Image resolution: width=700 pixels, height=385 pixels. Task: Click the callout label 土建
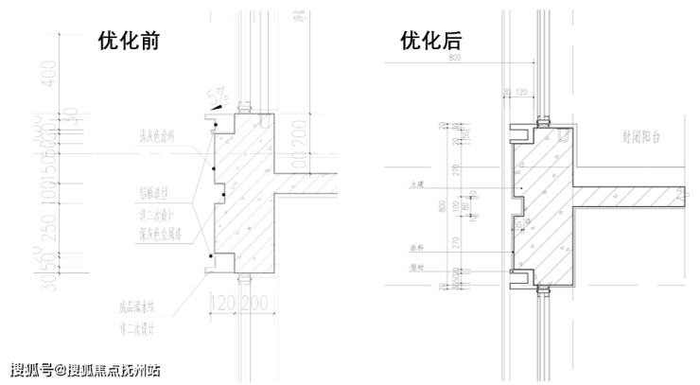413,187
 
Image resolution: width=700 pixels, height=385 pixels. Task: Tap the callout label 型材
412,268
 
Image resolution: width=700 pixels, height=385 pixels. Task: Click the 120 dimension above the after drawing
519,92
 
